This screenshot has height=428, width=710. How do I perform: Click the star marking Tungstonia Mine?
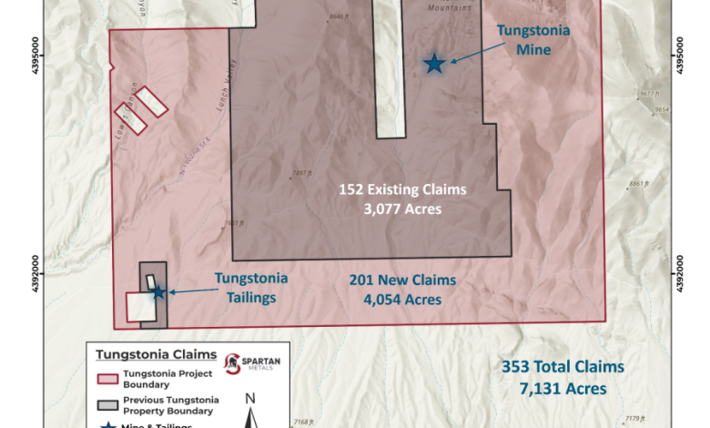pos(434,63)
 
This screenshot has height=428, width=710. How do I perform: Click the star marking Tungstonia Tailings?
pos(158,292)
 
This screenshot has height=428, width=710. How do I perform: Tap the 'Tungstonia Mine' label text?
pos(532,40)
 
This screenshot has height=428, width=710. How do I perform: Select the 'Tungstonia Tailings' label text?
pos(250,286)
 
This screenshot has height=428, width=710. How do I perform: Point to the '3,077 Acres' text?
pos(402,209)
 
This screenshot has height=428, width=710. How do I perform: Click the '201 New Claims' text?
pos(402,280)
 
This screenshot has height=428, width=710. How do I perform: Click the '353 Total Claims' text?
pos(563,367)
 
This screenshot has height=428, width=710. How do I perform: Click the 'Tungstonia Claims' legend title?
pos(155,354)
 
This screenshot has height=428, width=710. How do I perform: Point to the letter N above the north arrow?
pos(252,398)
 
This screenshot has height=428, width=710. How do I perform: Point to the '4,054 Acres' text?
pos(402,300)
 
